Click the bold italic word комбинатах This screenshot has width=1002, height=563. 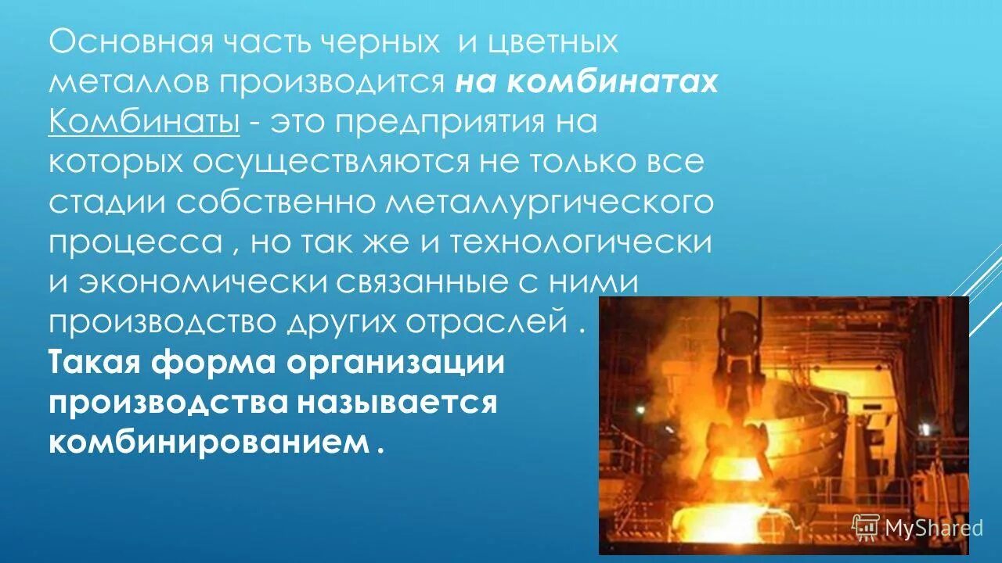(x=611, y=82)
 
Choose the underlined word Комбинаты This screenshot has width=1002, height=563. (x=144, y=122)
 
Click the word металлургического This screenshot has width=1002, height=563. (x=549, y=202)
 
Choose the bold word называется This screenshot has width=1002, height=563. (x=397, y=402)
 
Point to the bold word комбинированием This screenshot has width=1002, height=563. (x=207, y=443)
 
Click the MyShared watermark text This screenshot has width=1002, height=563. (x=933, y=527)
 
